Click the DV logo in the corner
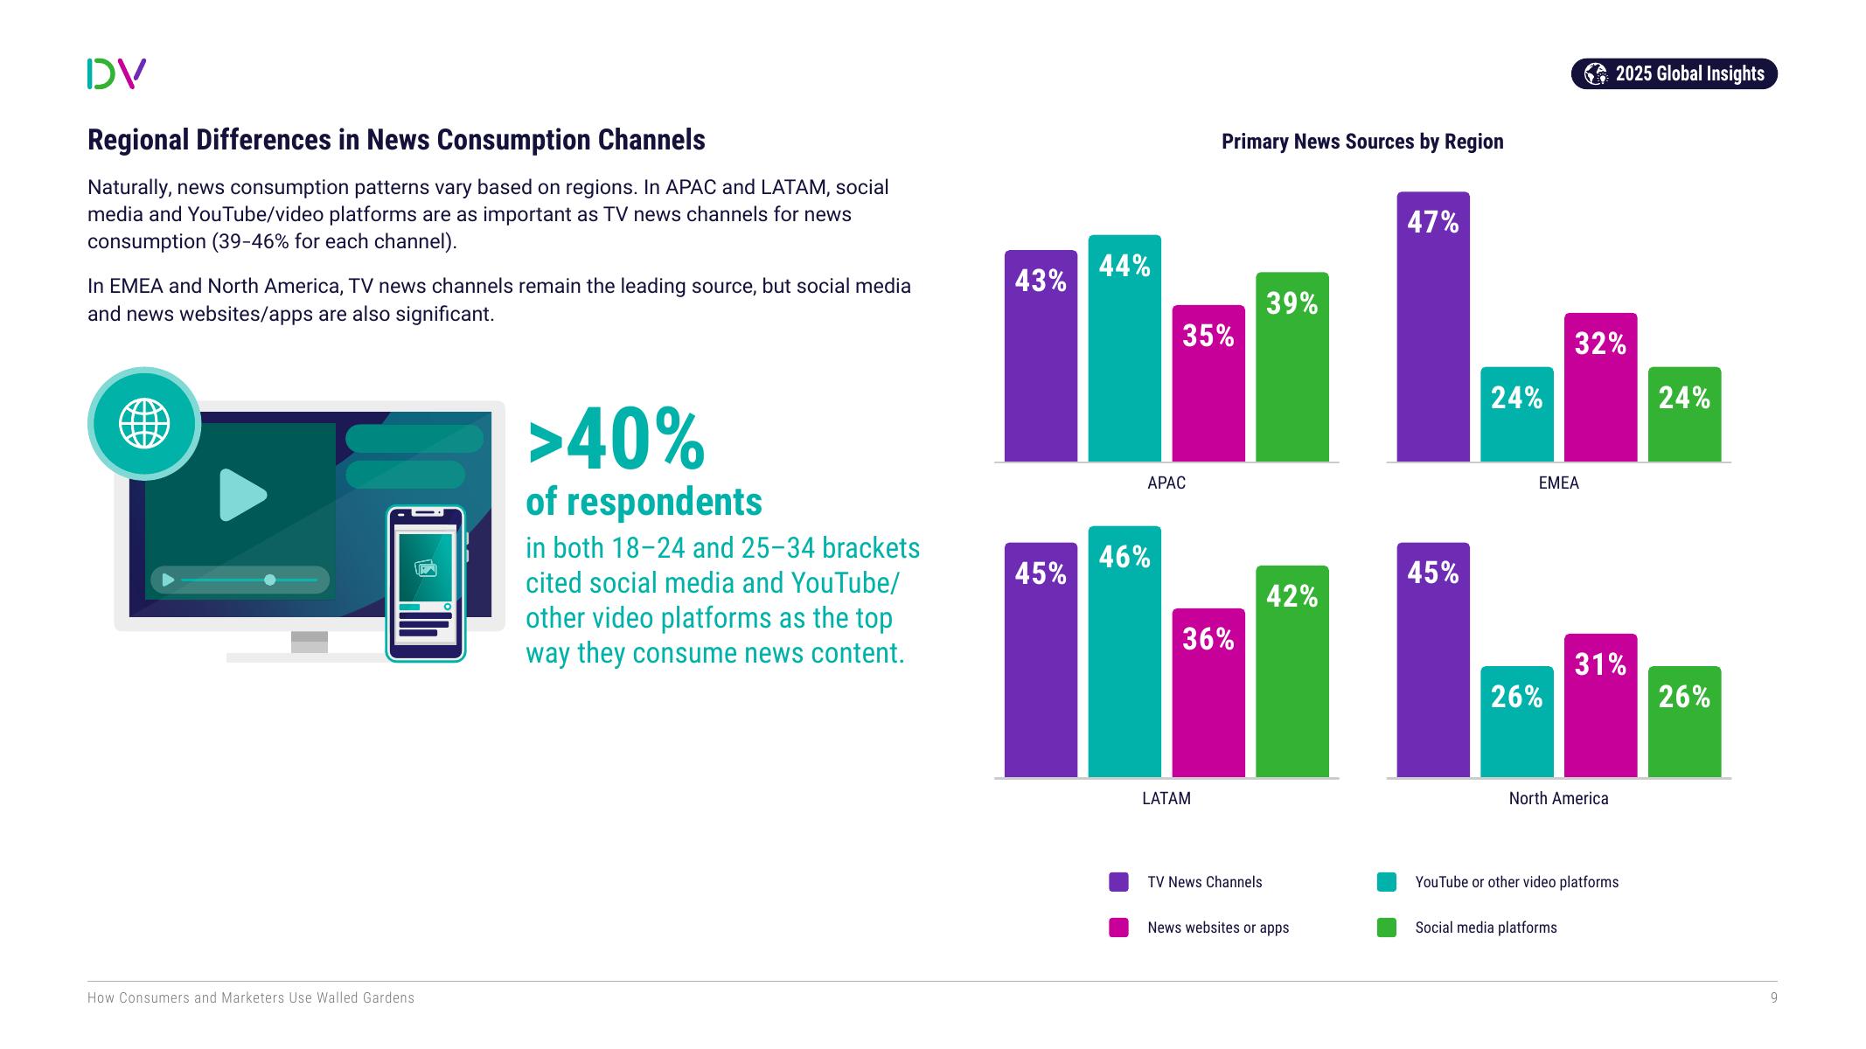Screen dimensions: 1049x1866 pyautogui.click(x=116, y=73)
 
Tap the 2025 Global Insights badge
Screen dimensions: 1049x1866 pyautogui.click(x=1674, y=73)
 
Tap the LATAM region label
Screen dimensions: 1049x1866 pyautogui.click(x=1166, y=798)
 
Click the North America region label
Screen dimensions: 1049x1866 pyautogui.click(x=1558, y=798)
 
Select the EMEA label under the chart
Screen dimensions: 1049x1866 pyautogui.click(x=1558, y=483)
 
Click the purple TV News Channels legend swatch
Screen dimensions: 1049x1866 pyautogui.click(x=1118, y=882)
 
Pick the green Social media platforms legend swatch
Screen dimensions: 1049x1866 pyautogui.click(x=1386, y=927)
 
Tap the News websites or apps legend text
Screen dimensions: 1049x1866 pyautogui.click(x=1217, y=927)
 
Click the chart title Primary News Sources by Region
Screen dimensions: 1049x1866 pyautogui.click(x=1361, y=142)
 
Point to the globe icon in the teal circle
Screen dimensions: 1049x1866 pyautogui.click(x=144, y=423)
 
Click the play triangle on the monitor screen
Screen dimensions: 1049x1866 pyautogui.click(x=241, y=495)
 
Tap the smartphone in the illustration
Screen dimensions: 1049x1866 pyautogui.click(x=426, y=583)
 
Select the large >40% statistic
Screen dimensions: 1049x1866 pyautogui.click(x=616, y=440)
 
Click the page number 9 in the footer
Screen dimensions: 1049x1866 pyautogui.click(x=1773, y=997)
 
